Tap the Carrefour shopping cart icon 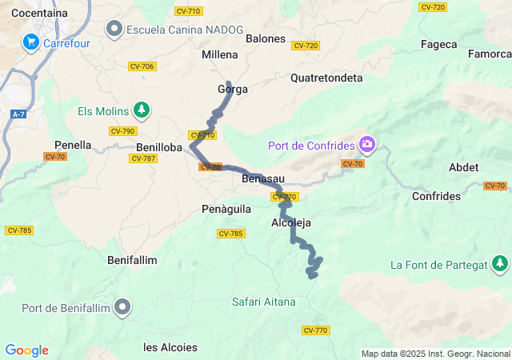click(31, 41)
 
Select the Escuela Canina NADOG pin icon click(114, 30)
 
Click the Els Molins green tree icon click(141, 109)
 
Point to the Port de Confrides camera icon click(367, 145)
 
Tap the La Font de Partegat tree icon click(500, 262)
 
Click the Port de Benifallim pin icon click(122, 306)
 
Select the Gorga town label click(233, 90)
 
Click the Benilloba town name click(159, 147)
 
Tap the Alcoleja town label click(291, 222)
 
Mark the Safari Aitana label click(263, 302)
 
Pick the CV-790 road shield click(123, 131)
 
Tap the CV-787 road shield click(142, 158)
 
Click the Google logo click(26, 350)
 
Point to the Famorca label click(490, 54)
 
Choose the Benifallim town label click(132, 260)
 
